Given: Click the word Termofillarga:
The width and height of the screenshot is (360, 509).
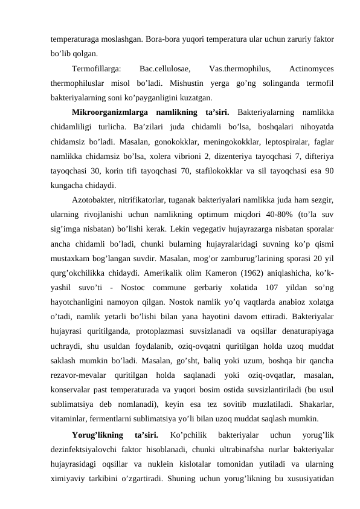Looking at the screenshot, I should click(95, 68).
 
